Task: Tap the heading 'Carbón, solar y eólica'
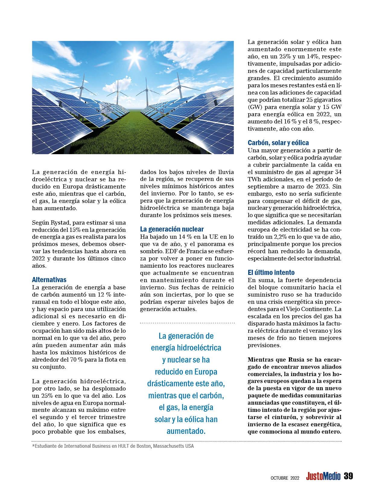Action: tap(278, 143)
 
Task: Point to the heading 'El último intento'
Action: tap(267, 272)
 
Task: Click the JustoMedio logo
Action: tap(323, 476)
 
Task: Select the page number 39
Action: tap(348, 476)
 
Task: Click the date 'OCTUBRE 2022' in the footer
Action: tap(284, 478)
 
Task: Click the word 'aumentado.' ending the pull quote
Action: tap(186, 431)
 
